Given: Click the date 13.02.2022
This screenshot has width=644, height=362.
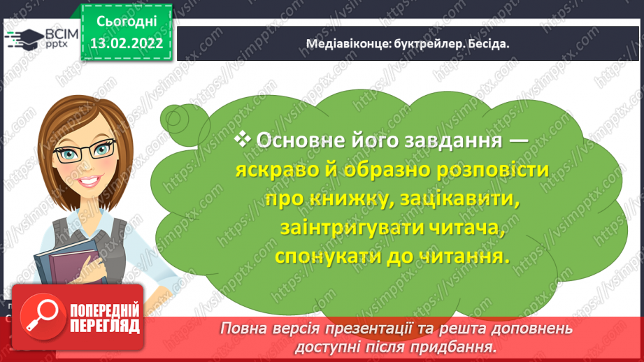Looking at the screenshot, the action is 127,43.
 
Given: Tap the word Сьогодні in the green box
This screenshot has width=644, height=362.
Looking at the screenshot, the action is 127,22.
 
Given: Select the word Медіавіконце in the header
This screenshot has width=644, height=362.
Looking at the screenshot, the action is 348,43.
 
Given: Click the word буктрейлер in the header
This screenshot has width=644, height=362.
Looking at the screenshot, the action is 424,44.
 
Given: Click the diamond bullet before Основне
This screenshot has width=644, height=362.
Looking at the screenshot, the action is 243,139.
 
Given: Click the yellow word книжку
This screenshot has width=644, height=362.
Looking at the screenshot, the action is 349,199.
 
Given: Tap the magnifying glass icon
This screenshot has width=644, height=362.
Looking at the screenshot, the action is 42,317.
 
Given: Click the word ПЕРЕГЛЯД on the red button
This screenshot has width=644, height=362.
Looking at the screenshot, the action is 105,327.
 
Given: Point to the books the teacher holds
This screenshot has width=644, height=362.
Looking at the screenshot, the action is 71,263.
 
